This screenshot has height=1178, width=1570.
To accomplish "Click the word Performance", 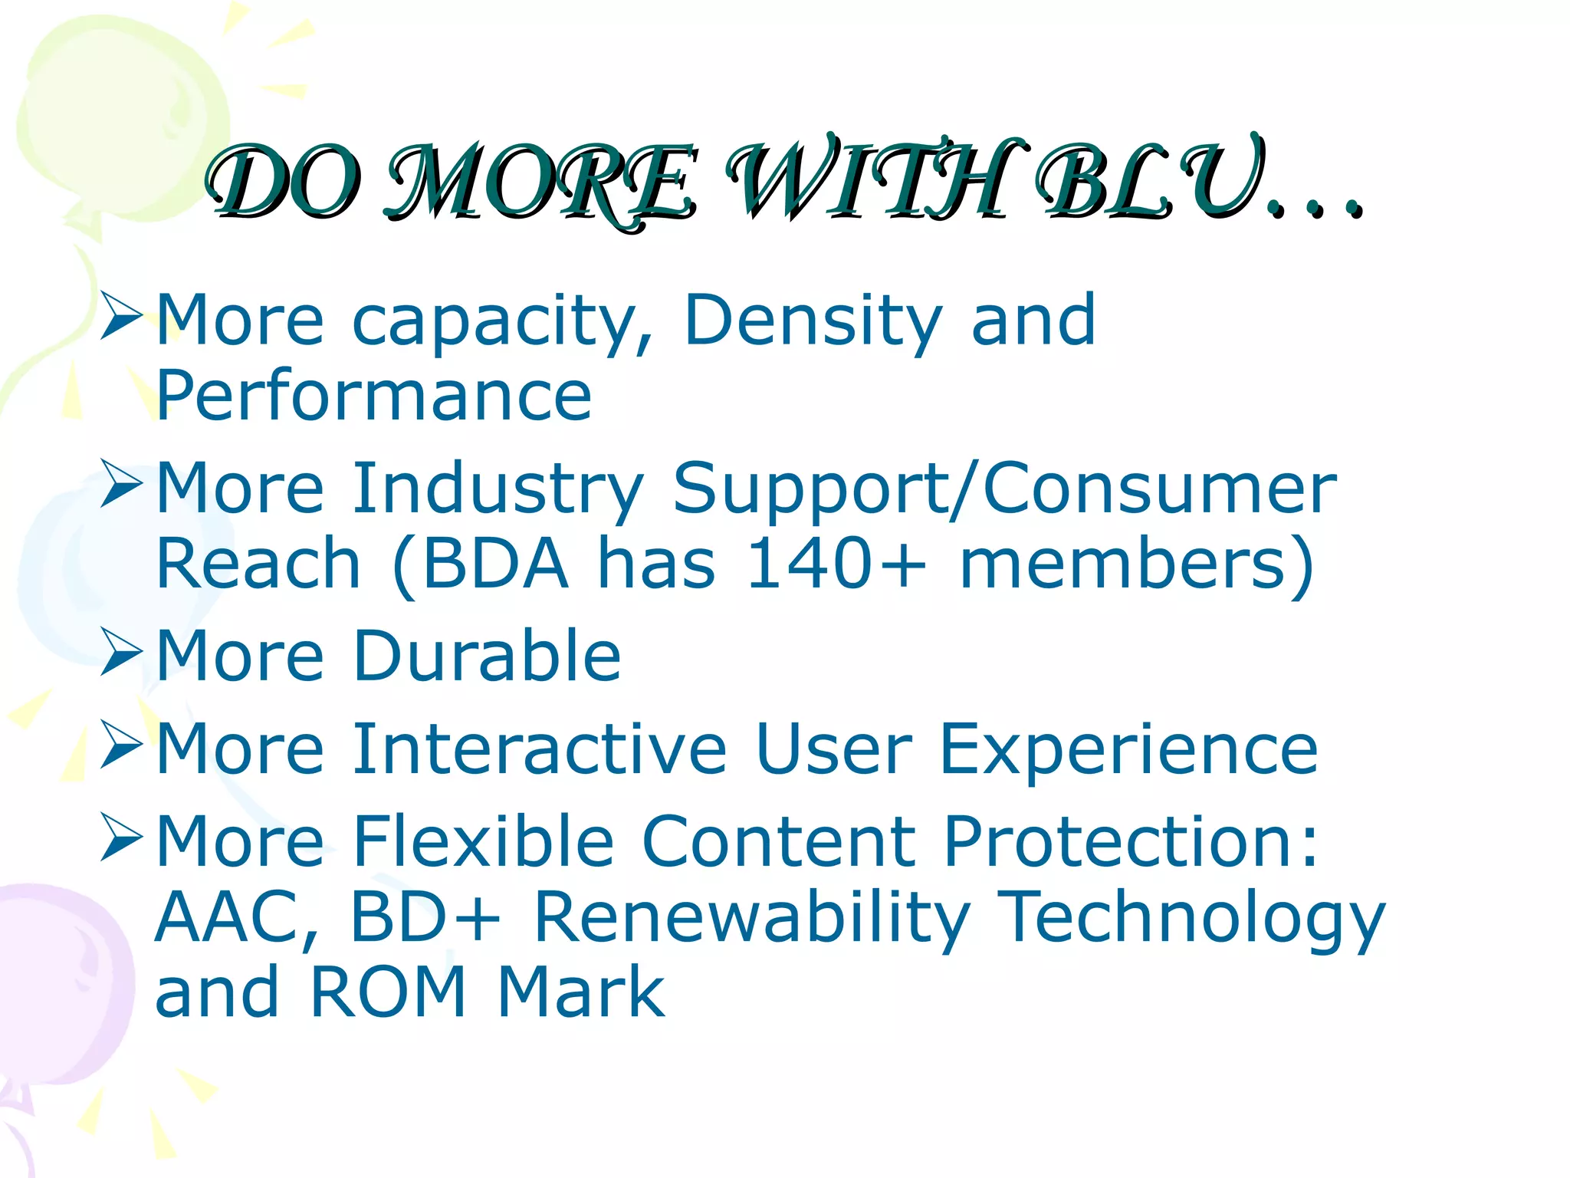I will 374,397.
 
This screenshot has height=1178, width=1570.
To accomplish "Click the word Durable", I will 487,656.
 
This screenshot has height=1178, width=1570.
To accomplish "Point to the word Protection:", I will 1132,841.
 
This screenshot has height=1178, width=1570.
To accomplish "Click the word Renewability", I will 752,919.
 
